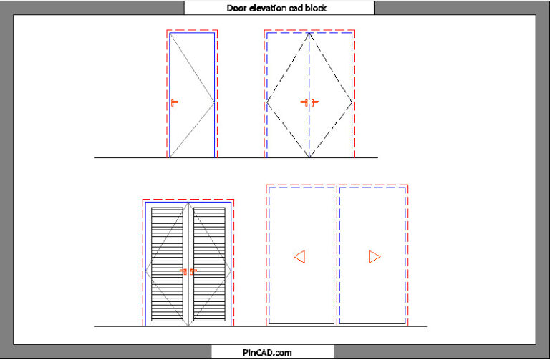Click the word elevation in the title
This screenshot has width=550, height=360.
tap(268, 8)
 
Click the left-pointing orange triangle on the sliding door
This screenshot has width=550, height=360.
tap(299, 256)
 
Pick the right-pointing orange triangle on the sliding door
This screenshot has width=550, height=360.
tap(374, 256)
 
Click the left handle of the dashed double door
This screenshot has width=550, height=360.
tap(304, 103)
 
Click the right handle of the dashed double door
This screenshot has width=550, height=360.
tap(314, 103)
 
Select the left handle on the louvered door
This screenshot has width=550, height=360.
tap(184, 271)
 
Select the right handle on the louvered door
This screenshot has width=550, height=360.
tap(193, 271)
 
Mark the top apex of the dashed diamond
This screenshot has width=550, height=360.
tap(309, 34)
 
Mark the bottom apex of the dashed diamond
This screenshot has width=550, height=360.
tap(309, 156)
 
